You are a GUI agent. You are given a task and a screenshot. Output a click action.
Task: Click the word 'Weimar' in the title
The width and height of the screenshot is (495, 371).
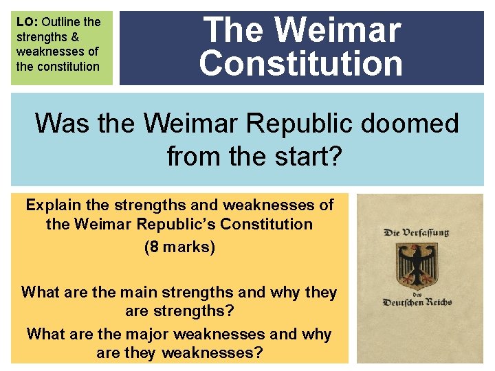pos(338,30)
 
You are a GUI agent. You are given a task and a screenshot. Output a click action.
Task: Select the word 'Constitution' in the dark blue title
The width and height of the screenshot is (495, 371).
pos(301,63)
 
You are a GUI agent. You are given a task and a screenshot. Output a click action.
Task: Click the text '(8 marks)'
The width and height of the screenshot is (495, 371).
pos(179,246)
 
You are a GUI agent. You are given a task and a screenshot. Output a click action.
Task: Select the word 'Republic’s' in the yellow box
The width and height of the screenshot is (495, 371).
pos(182,224)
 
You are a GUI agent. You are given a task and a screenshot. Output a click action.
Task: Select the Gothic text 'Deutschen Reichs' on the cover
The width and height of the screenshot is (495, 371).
pos(416,302)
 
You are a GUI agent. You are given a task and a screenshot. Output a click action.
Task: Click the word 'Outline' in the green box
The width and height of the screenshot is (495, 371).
pos(61,22)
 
